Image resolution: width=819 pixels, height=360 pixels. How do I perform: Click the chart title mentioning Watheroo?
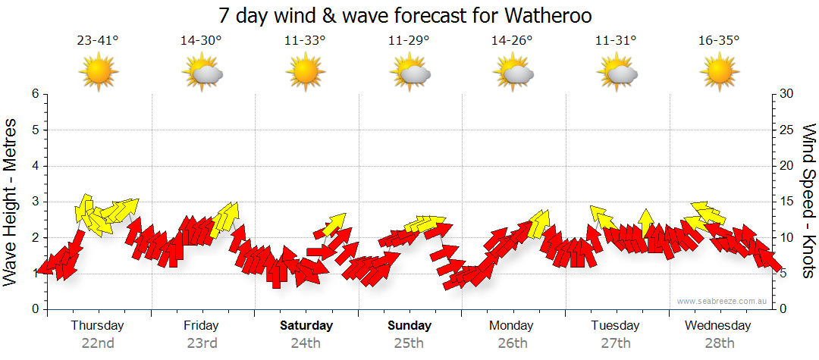click(x=405, y=15)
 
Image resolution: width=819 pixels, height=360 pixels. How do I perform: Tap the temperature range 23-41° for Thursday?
click(x=98, y=41)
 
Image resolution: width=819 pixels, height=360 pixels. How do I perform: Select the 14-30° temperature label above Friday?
click(x=201, y=41)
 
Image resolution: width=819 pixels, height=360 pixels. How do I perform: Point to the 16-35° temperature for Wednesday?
click(x=719, y=41)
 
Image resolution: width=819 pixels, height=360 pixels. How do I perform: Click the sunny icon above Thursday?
click(x=99, y=73)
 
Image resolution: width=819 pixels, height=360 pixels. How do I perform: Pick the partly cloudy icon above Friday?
click(x=202, y=73)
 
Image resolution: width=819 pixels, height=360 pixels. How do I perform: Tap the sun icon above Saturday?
click(x=305, y=73)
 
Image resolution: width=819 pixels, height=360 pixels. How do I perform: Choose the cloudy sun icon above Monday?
click(x=512, y=73)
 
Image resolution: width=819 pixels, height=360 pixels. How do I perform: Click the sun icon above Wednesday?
click(x=719, y=73)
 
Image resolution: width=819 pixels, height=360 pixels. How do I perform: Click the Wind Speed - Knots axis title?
click(x=808, y=201)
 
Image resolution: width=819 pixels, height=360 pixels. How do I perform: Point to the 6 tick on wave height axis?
click(x=34, y=94)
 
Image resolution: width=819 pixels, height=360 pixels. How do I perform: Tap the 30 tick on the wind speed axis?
click(x=787, y=94)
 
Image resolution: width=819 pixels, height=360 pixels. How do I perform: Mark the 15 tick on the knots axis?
click(x=787, y=202)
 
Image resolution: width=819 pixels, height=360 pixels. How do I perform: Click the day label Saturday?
click(x=306, y=326)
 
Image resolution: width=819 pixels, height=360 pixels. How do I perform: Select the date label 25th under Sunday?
click(x=409, y=343)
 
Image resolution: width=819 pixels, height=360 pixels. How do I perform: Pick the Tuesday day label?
click(x=616, y=326)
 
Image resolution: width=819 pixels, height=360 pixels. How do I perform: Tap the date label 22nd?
click(x=98, y=343)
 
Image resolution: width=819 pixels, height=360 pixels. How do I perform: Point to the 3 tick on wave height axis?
click(x=34, y=202)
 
